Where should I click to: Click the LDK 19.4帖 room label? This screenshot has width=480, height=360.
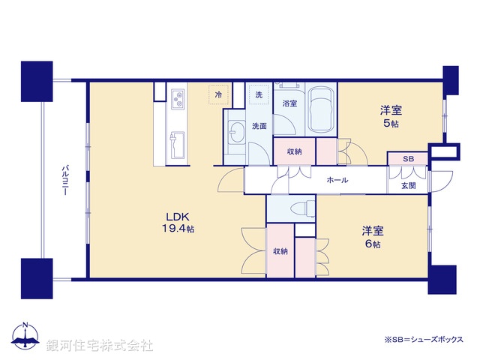click(178, 223)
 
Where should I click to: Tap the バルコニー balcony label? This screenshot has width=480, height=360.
click(65, 181)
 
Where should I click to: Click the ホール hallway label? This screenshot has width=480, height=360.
click(336, 181)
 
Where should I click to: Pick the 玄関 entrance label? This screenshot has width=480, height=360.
click(408, 185)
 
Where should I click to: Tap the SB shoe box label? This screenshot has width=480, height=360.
click(408, 159)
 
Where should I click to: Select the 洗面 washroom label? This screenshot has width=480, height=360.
click(259, 126)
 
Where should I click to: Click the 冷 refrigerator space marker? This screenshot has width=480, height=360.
click(218, 95)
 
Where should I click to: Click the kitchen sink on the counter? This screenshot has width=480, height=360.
click(178, 142)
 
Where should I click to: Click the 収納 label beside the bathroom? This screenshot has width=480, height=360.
click(294, 151)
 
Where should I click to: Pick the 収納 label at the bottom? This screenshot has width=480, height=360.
click(280, 251)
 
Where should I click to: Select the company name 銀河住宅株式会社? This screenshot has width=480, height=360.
click(99, 345)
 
